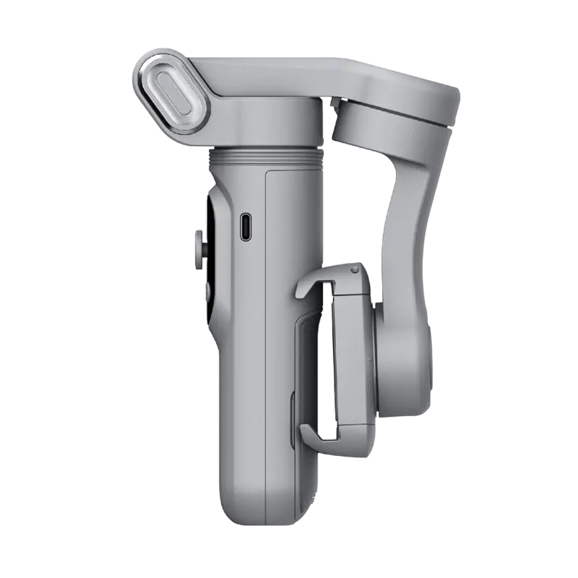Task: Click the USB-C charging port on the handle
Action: click(245, 227)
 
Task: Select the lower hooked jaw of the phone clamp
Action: click(318, 433)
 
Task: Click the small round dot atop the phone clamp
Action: click(354, 270)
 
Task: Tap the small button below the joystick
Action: click(204, 290)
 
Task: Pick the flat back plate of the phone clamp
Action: click(353, 354)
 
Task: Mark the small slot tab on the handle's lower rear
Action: click(292, 412)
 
